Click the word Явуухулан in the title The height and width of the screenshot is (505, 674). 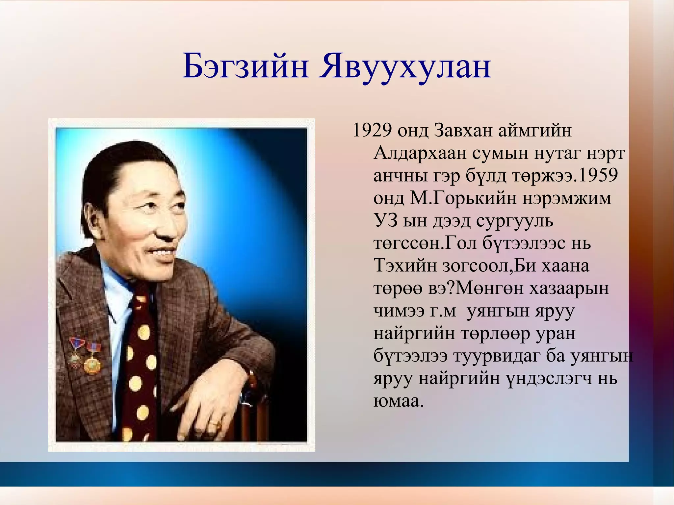click(x=405, y=67)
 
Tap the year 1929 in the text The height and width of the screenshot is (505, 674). click(x=372, y=130)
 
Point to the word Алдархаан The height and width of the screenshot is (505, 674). click(x=420, y=153)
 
